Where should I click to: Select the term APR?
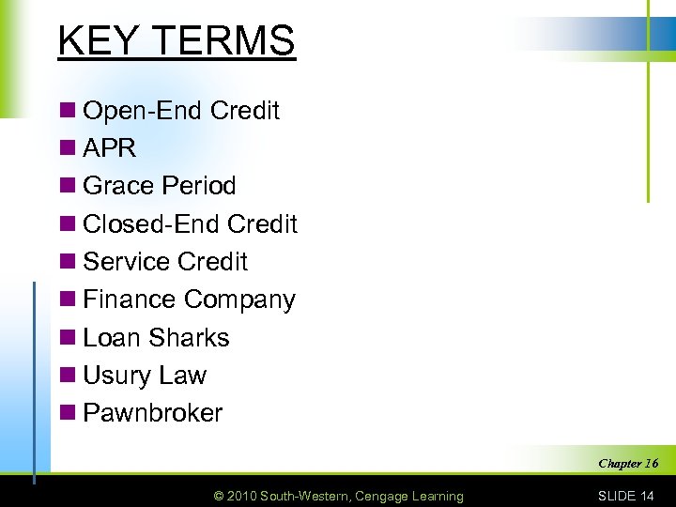pos(110,148)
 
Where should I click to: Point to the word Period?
pos(199,186)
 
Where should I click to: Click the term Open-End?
pos(144,111)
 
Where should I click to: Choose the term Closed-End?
pos(152,224)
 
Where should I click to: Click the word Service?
pos(130,262)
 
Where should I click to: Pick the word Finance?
pos(131,300)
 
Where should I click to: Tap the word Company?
pos(239,300)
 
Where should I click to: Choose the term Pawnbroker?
pos(153,413)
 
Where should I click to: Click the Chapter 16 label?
pos(628,464)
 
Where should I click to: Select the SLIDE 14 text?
pos(626,496)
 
